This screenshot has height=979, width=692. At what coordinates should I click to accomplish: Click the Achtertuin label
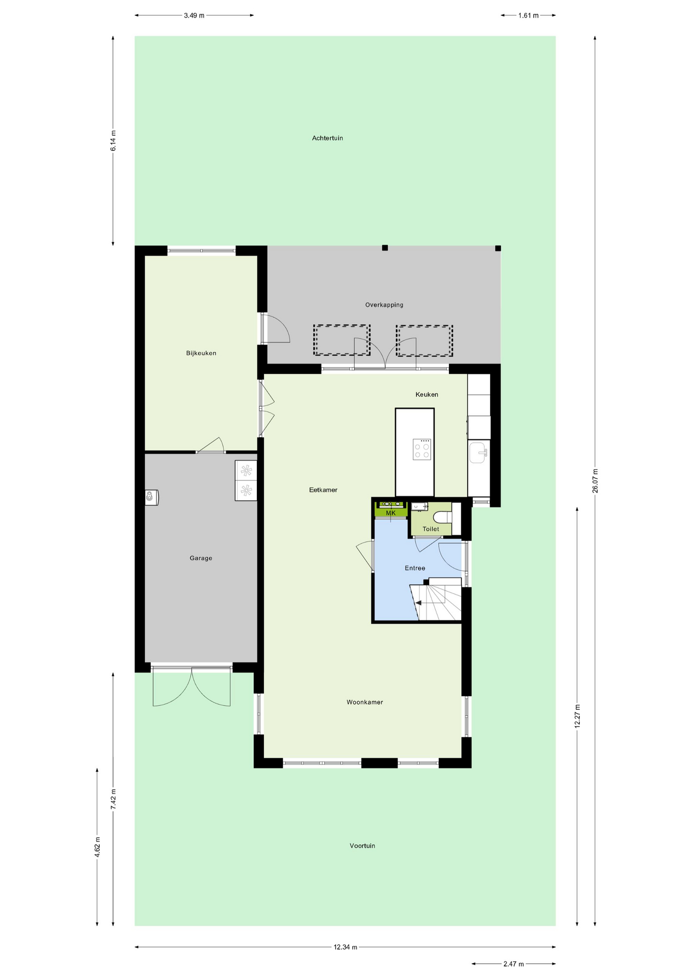(x=327, y=138)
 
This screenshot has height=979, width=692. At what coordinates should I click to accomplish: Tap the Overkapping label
(x=384, y=305)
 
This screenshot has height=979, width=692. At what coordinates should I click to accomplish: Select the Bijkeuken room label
(x=201, y=353)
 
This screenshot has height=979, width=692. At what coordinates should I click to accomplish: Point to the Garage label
(x=201, y=558)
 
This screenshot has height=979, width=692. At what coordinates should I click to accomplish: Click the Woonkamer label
(x=365, y=702)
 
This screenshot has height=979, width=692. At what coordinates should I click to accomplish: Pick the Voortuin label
(x=362, y=846)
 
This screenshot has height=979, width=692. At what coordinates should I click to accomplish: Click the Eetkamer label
(x=323, y=490)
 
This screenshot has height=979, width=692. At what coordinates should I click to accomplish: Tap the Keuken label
(x=427, y=395)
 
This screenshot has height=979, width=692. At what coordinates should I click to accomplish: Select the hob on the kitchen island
(x=422, y=449)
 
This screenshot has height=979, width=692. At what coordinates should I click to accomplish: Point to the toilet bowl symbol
(x=442, y=517)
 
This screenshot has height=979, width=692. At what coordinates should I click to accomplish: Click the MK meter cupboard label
(x=391, y=513)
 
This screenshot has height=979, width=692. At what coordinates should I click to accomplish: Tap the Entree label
(x=415, y=568)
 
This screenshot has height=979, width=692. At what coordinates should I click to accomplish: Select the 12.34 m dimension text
(x=345, y=947)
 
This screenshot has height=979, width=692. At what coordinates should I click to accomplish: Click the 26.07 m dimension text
(x=595, y=480)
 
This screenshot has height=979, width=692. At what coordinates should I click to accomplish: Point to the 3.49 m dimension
(x=194, y=15)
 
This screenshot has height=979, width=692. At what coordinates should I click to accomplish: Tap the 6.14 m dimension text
(x=113, y=141)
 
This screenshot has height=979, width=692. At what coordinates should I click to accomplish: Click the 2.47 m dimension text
(x=514, y=964)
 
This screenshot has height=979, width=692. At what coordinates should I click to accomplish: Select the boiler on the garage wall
(x=151, y=497)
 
